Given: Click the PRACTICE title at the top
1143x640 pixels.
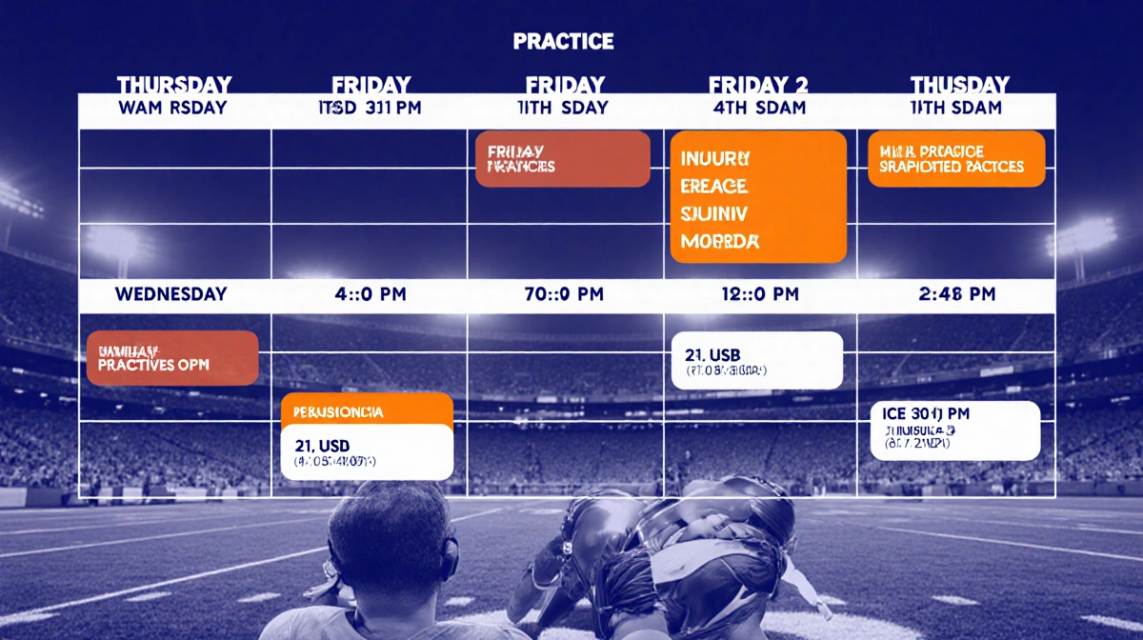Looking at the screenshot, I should pyautogui.click(x=563, y=42).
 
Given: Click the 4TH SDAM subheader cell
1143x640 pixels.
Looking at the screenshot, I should pyautogui.click(x=759, y=108).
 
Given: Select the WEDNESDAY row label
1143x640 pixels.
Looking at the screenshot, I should pyautogui.click(x=171, y=294).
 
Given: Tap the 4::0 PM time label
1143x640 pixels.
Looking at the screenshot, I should pyautogui.click(x=370, y=294).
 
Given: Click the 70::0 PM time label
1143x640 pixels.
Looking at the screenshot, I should pyautogui.click(x=564, y=294).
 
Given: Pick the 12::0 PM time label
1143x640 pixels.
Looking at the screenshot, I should pyautogui.click(x=759, y=294).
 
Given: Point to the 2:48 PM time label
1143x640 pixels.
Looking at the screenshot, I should pyautogui.click(x=956, y=294).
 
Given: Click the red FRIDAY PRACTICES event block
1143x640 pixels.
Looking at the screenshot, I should pyautogui.click(x=562, y=159).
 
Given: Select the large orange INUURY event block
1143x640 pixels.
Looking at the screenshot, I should pyautogui.click(x=758, y=196).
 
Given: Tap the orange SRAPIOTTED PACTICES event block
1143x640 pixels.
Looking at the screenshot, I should pyautogui.click(x=956, y=159).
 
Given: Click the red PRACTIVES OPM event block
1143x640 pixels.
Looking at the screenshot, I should pyautogui.click(x=172, y=358).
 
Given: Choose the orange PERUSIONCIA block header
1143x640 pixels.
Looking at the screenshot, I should pyautogui.click(x=367, y=411).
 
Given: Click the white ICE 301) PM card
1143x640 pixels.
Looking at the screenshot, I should pyautogui.click(x=955, y=430).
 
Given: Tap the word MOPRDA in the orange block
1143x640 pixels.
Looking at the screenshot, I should pyautogui.click(x=721, y=242).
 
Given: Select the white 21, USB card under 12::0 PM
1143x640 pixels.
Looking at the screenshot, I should pyautogui.click(x=757, y=361).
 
